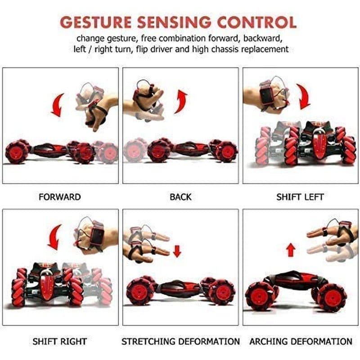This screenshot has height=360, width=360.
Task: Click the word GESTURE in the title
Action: pos(95,22)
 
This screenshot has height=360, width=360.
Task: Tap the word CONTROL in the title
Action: pos(256,22)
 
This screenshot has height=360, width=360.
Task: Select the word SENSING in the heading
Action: pos(174,22)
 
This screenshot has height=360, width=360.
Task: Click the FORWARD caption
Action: pos(60,197)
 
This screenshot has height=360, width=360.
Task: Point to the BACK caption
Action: pos(180,197)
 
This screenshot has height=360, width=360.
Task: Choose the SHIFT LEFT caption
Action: pos(300,197)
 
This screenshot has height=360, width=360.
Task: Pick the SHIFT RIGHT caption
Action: pos(60,342)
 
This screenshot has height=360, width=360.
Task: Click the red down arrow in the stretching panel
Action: pos(177,251)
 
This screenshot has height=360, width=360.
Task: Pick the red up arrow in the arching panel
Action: pos(291,250)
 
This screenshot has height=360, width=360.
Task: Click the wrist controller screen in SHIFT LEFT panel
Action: pos(266,96)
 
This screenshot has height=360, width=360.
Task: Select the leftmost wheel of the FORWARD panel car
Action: pos(17,152)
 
